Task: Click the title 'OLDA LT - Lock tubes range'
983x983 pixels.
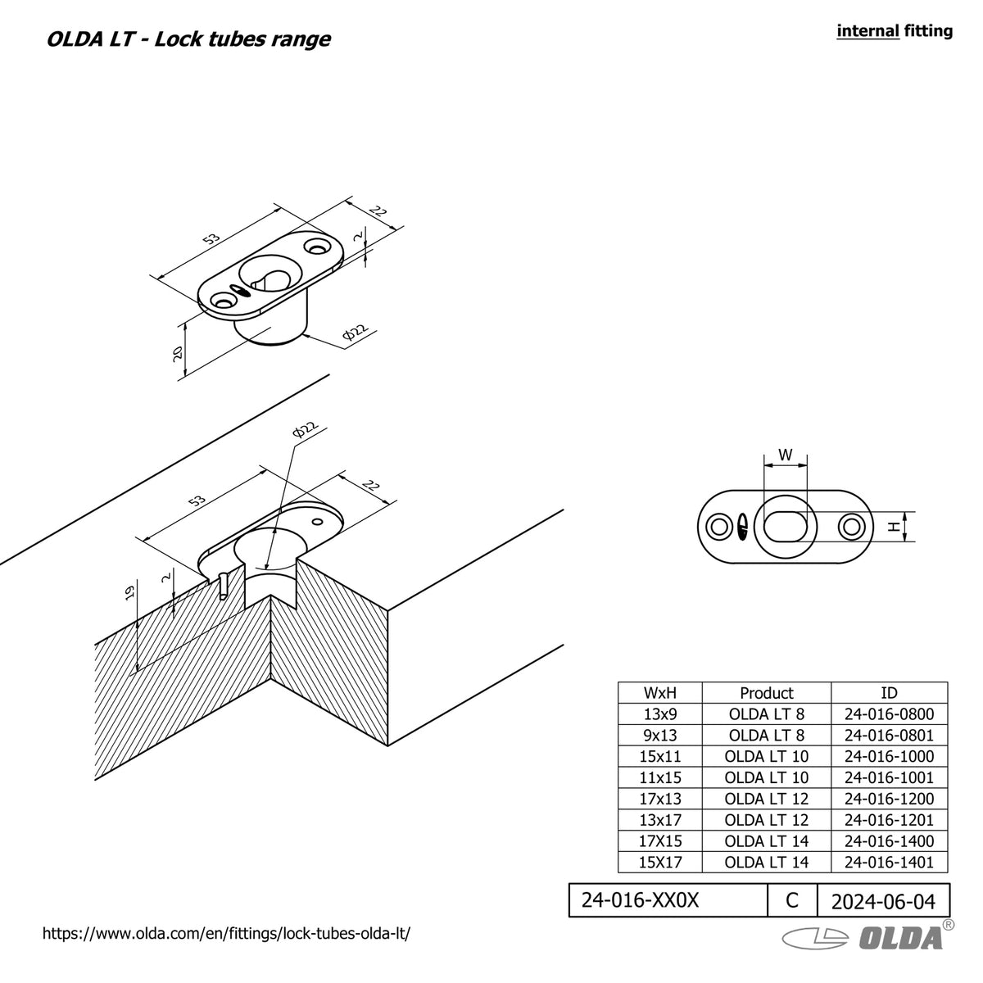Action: pos(188,39)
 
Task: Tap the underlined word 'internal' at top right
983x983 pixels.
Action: pos(867,31)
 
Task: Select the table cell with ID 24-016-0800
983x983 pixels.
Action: pos(889,714)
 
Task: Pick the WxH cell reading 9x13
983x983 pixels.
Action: pos(660,735)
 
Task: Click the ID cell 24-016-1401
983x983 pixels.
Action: pos(889,862)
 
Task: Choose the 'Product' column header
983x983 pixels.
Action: pos(767,693)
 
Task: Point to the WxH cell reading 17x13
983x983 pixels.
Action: pos(660,799)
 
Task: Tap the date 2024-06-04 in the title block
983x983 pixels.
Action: pos(883,902)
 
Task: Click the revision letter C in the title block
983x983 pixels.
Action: pos(791,900)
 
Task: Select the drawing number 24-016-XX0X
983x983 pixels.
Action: pos(640,900)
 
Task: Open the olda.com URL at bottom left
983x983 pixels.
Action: pos(226,934)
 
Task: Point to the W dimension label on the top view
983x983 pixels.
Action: pos(786,455)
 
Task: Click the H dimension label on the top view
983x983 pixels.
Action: pos(894,527)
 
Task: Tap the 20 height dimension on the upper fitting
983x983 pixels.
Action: pos(178,354)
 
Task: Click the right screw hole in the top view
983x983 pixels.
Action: pos(851,527)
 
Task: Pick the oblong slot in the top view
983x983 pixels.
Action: pos(786,525)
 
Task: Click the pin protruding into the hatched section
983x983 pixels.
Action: pos(224,587)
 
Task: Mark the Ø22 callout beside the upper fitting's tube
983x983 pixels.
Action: pos(356,333)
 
